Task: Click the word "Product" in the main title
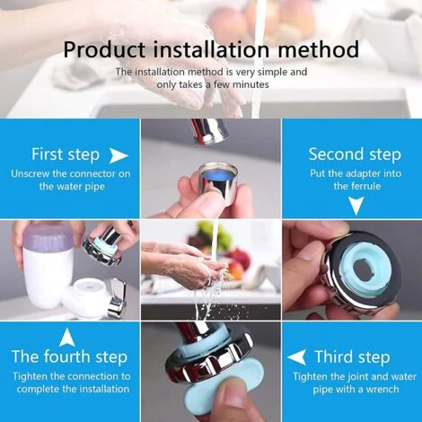pyautogui.click(x=104, y=49)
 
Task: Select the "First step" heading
pyautogui.click(x=66, y=155)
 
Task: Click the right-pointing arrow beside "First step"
pyautogui.click(x=119, y=155)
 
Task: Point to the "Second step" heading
pyautogui.click(x=355, y=154)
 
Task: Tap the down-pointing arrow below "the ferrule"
pyautogui.click(x=356, y=206)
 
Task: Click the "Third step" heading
pyautogui.click(x=352, y=357)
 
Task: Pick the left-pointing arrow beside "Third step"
pyautogui.click(x=296, y=357)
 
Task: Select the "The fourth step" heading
pyautogui.click(x=69, y=357)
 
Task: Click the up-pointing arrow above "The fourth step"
pyautogui.click(x=67, y=337)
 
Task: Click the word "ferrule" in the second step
pyautogui.click(x=366, y=186)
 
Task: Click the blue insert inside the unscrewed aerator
pyautogui.click(x=217, y=174)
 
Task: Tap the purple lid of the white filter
pyautogui.click(x=48, y=237)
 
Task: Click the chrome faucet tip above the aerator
pyautogui.click(x=210, y=131)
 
